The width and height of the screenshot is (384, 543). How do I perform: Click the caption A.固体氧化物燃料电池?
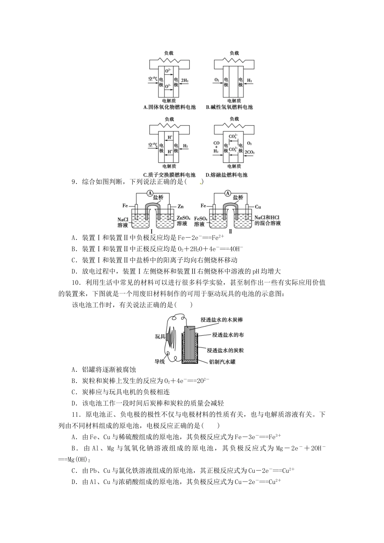click(x=169, y=107)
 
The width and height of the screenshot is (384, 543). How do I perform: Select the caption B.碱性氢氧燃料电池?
click(x=229, y=107)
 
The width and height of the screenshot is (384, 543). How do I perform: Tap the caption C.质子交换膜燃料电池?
click(x=169, y=175)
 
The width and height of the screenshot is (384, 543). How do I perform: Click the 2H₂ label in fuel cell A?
click(x=185, y=81)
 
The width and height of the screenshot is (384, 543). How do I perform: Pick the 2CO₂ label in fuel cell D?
click(x=250, y=152)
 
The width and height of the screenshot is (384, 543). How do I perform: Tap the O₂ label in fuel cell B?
click(x=217, y=81)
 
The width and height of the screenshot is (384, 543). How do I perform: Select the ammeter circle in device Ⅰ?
click(x=150, y=193)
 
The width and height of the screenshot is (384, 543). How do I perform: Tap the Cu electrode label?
click(x=258, y=206)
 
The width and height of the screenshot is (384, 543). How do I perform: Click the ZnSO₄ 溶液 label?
click(x=182, y=221)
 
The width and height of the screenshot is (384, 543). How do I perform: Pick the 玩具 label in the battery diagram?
click(x=160, y=336)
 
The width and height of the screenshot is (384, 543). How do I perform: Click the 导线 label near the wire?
click(x=160, y=362)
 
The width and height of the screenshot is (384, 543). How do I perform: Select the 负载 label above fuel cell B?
click(x=234, y=53)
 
